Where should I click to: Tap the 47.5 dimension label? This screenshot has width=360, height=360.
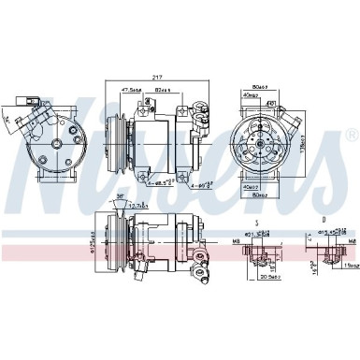tap(133, 91)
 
